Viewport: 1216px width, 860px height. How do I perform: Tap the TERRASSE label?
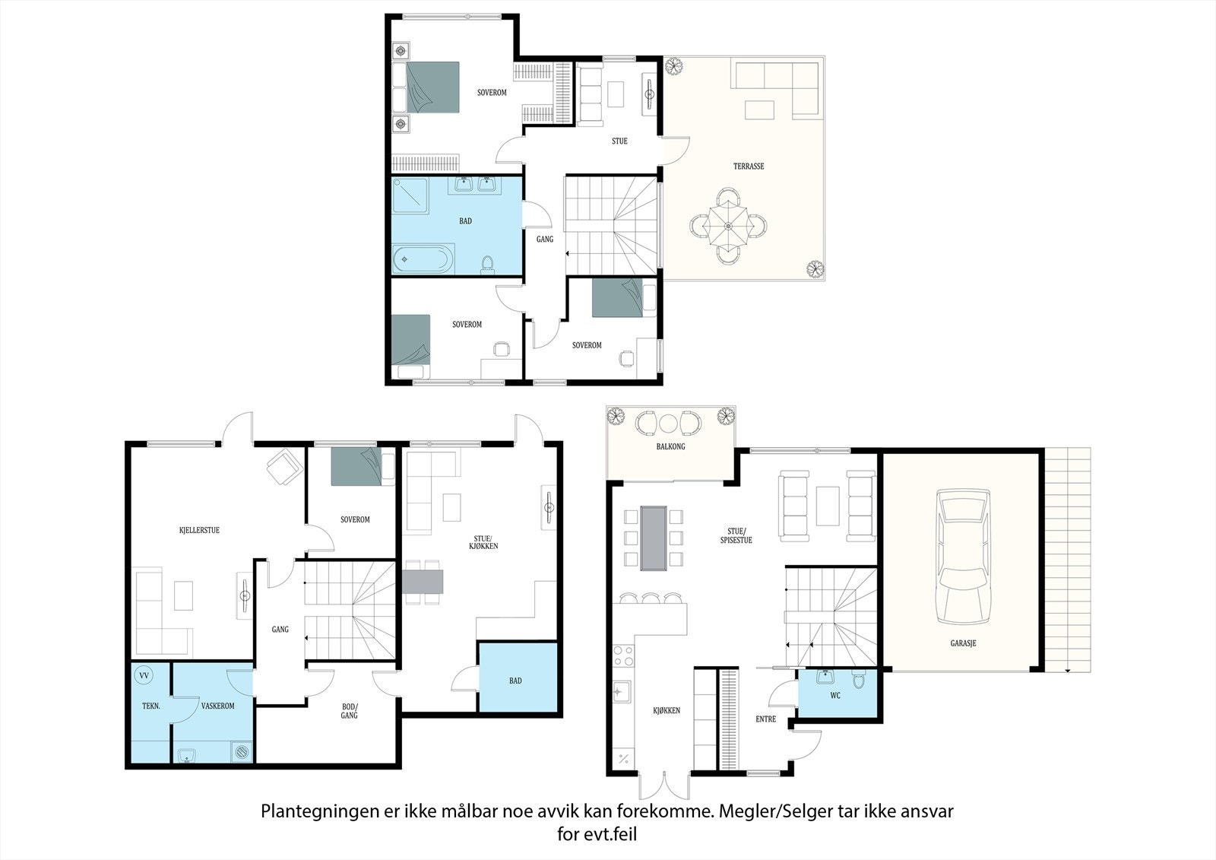[x=749, y=167]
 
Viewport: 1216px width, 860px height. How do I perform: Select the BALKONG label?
[x=670, y=446]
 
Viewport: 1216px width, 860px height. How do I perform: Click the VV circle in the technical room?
[x=144, y=676]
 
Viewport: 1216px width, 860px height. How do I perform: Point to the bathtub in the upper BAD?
[x=423, y=259]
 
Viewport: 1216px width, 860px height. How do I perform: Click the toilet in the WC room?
[x=858, y=679]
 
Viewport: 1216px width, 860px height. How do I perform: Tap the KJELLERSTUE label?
[x=199, y=530]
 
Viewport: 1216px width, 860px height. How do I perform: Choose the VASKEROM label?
[x=217, y=706]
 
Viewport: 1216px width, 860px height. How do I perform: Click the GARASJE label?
[x=963, y=643]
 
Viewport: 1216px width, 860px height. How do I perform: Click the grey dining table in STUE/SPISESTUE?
[x=654, y=538]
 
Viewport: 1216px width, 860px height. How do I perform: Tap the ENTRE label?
[x=765, y=719]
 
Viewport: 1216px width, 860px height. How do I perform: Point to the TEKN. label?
[x=151, y=706]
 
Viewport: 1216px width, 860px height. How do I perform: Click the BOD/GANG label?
[x=349, y=711]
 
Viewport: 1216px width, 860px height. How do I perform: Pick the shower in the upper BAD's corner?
[x=410, y=195]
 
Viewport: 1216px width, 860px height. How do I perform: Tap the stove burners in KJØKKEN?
[x=623, y=656]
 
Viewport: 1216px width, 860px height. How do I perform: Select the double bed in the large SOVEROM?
[x=426, y=87]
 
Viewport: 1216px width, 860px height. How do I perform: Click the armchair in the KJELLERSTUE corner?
[x=285, y=465]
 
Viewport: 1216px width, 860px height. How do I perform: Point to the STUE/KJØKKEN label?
[x=483, y=542]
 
